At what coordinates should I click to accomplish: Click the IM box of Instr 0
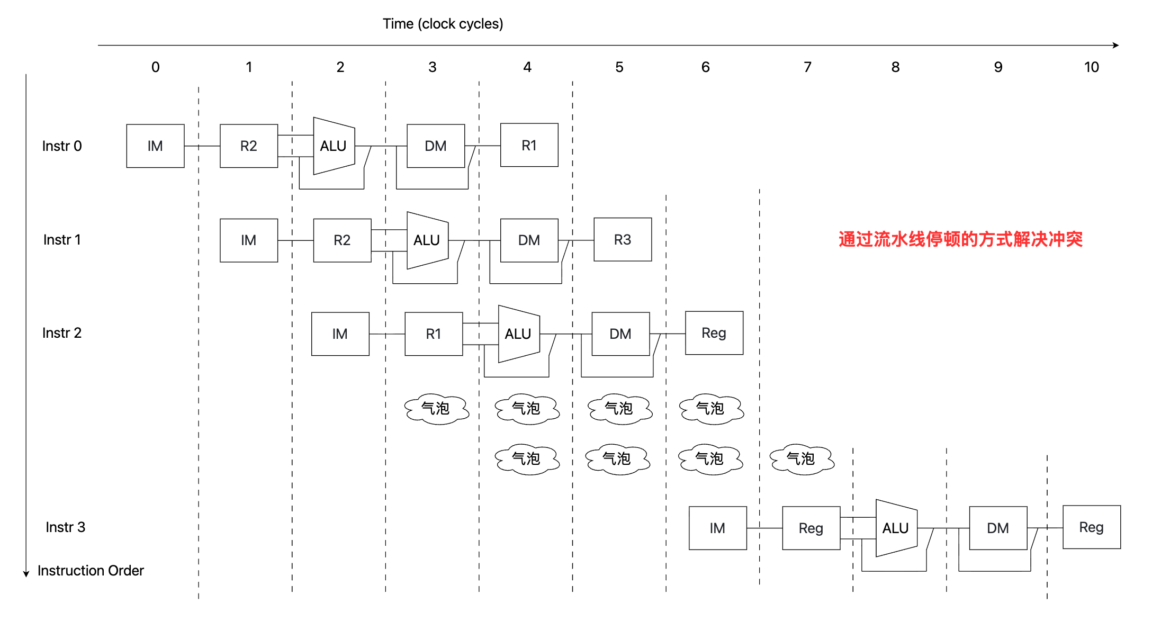click(155, 146)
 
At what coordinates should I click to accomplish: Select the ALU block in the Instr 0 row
click(334, 146)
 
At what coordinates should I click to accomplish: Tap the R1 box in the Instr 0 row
click(529, 145)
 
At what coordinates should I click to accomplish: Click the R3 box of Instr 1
click(623, 239)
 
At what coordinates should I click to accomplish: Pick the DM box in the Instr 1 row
click(529, 240)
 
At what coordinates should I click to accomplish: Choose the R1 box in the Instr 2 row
click(434, 334)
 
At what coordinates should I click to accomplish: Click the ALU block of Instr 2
click(519, 334)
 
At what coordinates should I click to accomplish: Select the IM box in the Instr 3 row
click(718, 528)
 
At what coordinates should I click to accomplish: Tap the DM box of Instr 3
click(998, 528)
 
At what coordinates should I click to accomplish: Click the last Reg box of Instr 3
click(1092, 527)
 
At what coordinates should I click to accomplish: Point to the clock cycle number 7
click(807, 67)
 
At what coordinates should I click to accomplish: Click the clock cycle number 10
click(1092, 67)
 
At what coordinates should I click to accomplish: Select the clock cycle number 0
click(155, 67)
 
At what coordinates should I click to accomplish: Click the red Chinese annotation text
click(960, 239)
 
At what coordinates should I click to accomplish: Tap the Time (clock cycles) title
click(443, 24)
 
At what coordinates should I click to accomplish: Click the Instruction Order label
click(91, 571)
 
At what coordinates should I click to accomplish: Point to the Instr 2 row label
click(62, 333)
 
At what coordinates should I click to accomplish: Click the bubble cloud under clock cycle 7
click(802, 459)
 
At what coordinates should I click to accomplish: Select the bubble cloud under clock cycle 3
click(436, 409)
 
